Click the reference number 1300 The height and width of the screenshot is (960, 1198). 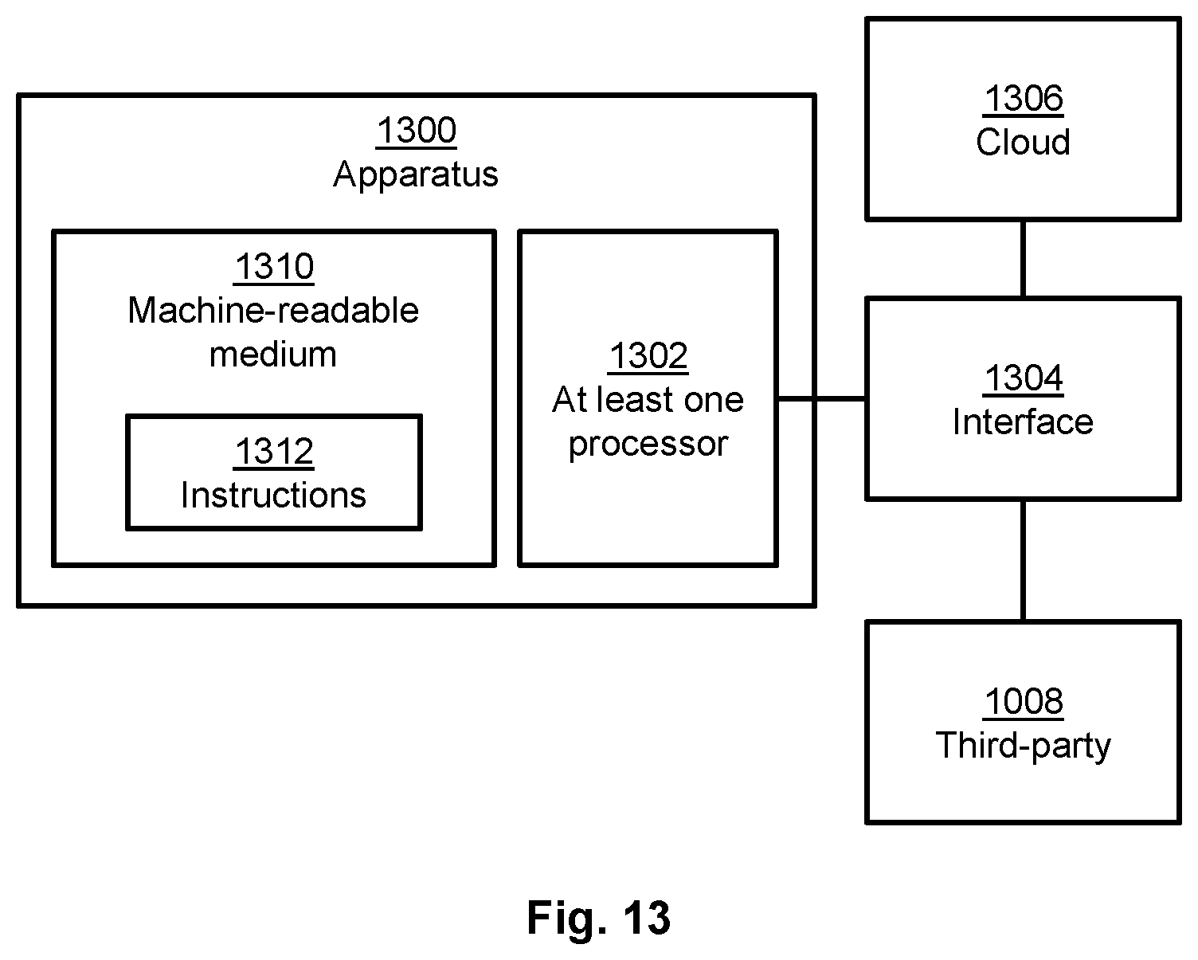pyautogui.click(x=417, y=131)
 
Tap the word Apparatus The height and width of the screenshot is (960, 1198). pyautogui.click(x=416, y=174)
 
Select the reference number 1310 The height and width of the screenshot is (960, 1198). pyautogui.click(x=274, y=267)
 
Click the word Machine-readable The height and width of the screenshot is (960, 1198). pyautogui.click(x=273, y=310)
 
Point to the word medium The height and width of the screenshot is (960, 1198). pyautogui.click(x=273, y=355)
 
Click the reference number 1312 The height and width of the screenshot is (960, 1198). pyautogui.click(x=274, y=451)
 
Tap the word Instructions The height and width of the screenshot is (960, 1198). pyautogui.click(x=273, y=495)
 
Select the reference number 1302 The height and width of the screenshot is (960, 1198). pyautogui.click(x=648, y=356)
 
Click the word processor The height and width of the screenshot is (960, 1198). pyautogui.click(x=648, y=445)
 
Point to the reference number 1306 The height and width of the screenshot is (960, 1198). pyautogui.click(x=1024, y=99)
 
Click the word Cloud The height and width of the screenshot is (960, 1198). pyautogui.click(x=1024, y=142)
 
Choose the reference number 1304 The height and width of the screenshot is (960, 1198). pyautogui.click(x=1024, y=378)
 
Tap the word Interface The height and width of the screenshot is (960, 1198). pyautogui.click(x=1024, y=422)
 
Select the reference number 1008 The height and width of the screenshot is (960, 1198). pyautogui.click(x=1024, y=701)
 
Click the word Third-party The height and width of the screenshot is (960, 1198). pyautogui.click(x=1024, y=746)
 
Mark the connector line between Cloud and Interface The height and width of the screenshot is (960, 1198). pyautogui.click(x=1024, y=259)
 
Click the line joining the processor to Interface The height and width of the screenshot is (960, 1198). pyautogui.click(x=822, y=398)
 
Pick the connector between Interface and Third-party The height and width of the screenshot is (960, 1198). pyautogui.click(x=1024, y=561)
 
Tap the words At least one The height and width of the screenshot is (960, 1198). pyautogui.click(x=648, y=400)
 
